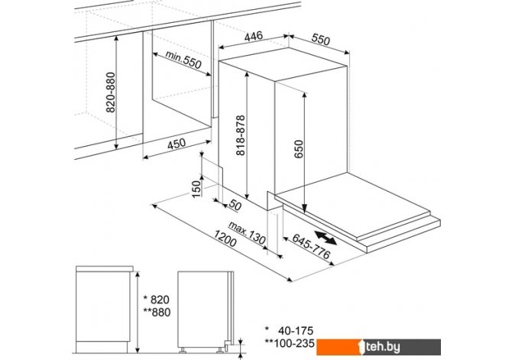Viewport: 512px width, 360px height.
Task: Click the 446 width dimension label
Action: (254, 36)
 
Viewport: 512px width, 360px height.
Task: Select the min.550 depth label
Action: (183, 59)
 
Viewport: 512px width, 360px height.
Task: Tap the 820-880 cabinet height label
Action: (111, 92)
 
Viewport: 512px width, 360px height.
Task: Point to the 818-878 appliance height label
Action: (241, 135)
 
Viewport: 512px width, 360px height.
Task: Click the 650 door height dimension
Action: (299, 149)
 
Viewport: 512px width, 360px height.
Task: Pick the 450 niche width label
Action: (177, 144)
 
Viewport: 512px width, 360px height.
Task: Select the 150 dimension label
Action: (196, 189)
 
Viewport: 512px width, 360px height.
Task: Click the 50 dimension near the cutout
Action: (235, 205)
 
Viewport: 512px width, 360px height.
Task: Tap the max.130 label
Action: (247, 233)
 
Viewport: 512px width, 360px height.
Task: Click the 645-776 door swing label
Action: (311, 246)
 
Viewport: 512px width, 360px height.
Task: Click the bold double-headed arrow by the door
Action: (326, 238)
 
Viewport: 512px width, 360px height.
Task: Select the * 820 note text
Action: (157, 300)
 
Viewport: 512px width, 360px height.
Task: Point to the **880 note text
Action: (157, 313)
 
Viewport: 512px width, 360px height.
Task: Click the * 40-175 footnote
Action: (289, 331)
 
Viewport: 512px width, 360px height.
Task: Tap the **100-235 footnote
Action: (290, 343)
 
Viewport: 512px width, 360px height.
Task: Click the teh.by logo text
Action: (382, 347)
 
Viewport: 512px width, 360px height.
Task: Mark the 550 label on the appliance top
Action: (321, 39)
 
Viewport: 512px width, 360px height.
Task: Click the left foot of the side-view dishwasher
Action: (183, 350)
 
